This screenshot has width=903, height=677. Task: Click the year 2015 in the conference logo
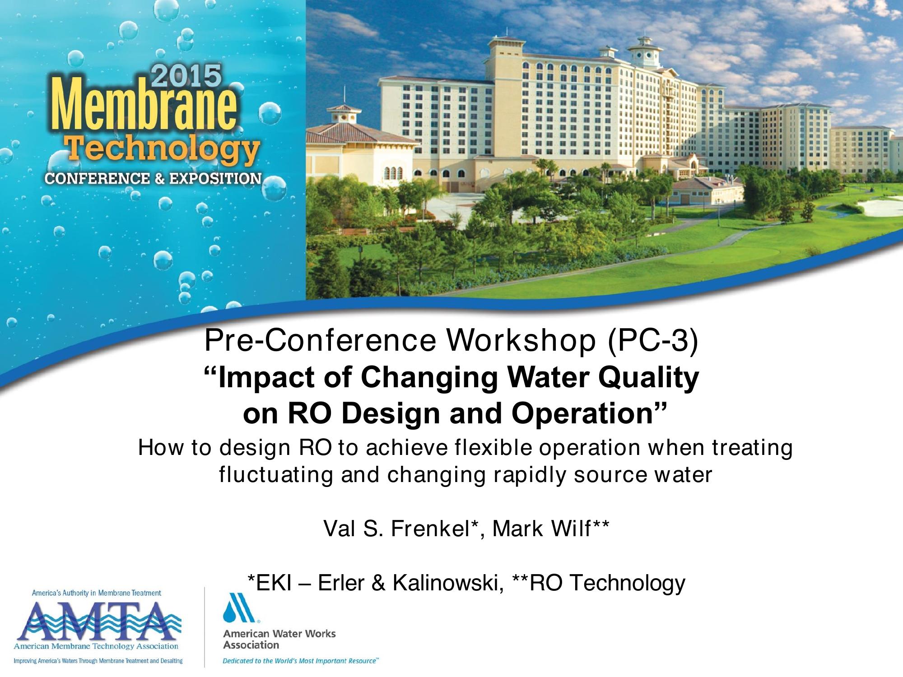[186, 76]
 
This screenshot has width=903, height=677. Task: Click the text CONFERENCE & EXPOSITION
[153, 179]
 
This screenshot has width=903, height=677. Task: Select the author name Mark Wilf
[541, 529]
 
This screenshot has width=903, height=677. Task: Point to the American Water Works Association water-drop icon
[239, 607]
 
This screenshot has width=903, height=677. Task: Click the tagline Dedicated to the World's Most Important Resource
[301, 661]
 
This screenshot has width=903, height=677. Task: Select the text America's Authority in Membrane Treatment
[96, 593]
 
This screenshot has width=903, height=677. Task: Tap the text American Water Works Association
[279, 639]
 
